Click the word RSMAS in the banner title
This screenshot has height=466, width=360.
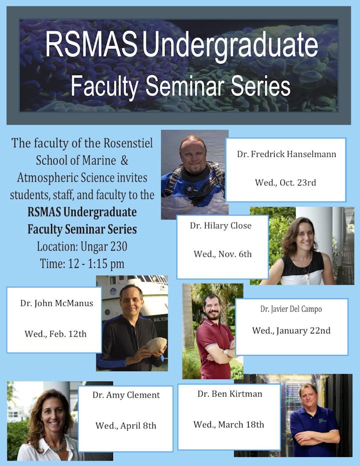pyautogui.click(x=91, y=44)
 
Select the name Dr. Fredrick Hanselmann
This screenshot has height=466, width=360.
pyautogui.click(x=286, y=154)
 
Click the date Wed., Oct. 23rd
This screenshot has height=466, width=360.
pyautogui.click(x=285, y=182)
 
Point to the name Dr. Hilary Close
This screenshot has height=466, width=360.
pyautogui.click(x=220, y=225)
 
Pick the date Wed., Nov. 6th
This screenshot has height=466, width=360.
pyautogui.click(x=222, y=254)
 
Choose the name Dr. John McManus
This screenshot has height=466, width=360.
pyautogui.click(x=57, y=303)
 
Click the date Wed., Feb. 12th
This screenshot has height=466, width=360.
pyautogui.click(x=55, y=334)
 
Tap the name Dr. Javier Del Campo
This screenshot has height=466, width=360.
pyautogui.click(x=291, y=309)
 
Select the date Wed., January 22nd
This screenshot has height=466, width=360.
pyautogui.click(x=291, y=331)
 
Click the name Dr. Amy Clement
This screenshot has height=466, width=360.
pyautogui.click(x=126, y=395)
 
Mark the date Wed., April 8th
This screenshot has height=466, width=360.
pyautogui.click(x=125, y=426)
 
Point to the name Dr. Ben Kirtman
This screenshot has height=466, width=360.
pyautogui.click(x=230, y=394)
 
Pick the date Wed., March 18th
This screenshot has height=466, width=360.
pyautogui.click(x=228, y=424)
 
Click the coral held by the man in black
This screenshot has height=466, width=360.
pyautogui.click(x=156, y=344)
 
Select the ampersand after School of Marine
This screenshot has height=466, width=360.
pyautogui.click(x=124, y=160)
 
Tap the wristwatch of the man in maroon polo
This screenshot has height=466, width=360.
pyautogui.click(x=225, y=352)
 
